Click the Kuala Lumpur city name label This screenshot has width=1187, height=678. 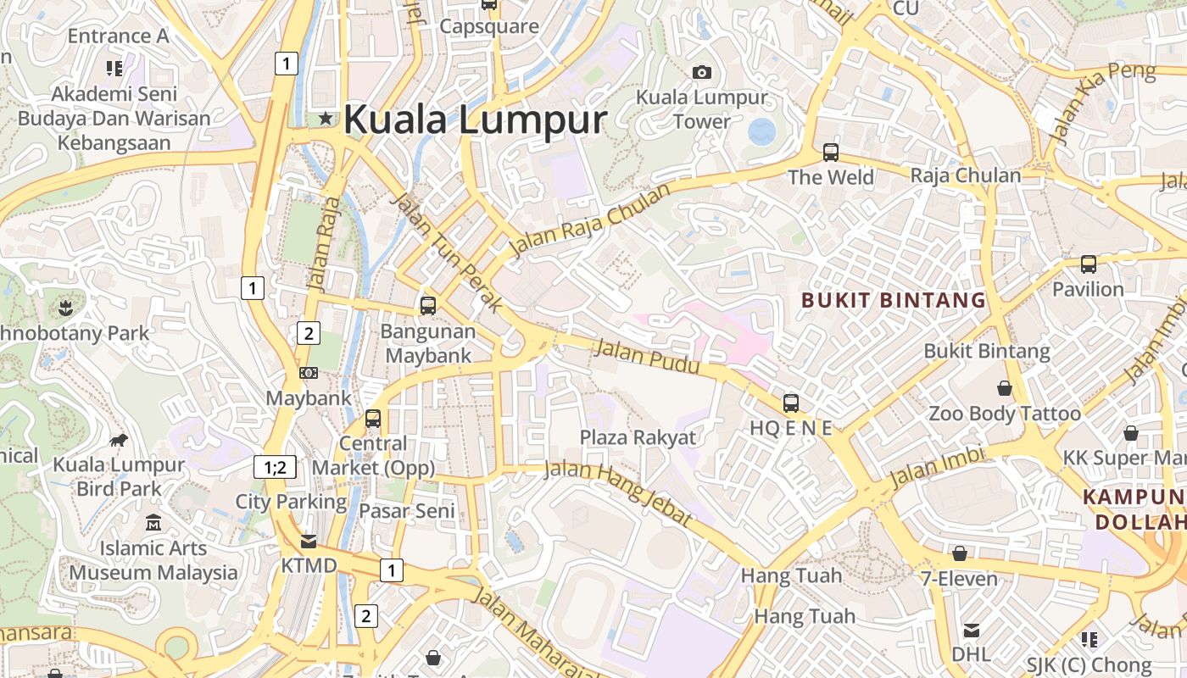(x=475, y=119)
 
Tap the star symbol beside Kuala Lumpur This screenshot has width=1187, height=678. (x=326, y=119)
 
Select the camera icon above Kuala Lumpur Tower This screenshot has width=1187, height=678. (x=701, y=73)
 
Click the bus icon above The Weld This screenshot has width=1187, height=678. (x=830, y=153)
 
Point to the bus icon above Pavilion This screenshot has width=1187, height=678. (x=1088, y=264)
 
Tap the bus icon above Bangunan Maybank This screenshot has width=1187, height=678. (x=428, y=306)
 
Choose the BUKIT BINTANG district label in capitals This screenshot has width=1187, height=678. (x=894, y=300)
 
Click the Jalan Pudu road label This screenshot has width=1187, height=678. (x=648, y=356)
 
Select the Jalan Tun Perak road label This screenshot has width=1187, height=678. (x=447, y=252)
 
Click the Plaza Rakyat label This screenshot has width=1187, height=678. (x=638, y=437)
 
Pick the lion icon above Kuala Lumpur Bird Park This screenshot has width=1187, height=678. (x=119, y=440)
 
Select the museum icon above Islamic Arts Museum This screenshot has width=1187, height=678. (x=153, y=523)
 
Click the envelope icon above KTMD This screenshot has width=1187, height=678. (x=309, y=541)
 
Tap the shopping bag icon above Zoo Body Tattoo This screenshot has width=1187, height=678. (x=1005, y=388)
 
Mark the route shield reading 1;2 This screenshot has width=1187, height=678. (x=276, y=466)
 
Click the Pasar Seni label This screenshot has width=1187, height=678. (x=407, y=511)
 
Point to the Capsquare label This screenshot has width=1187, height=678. (x=488, y=26)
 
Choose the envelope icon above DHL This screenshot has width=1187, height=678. (x=971, y=631)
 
